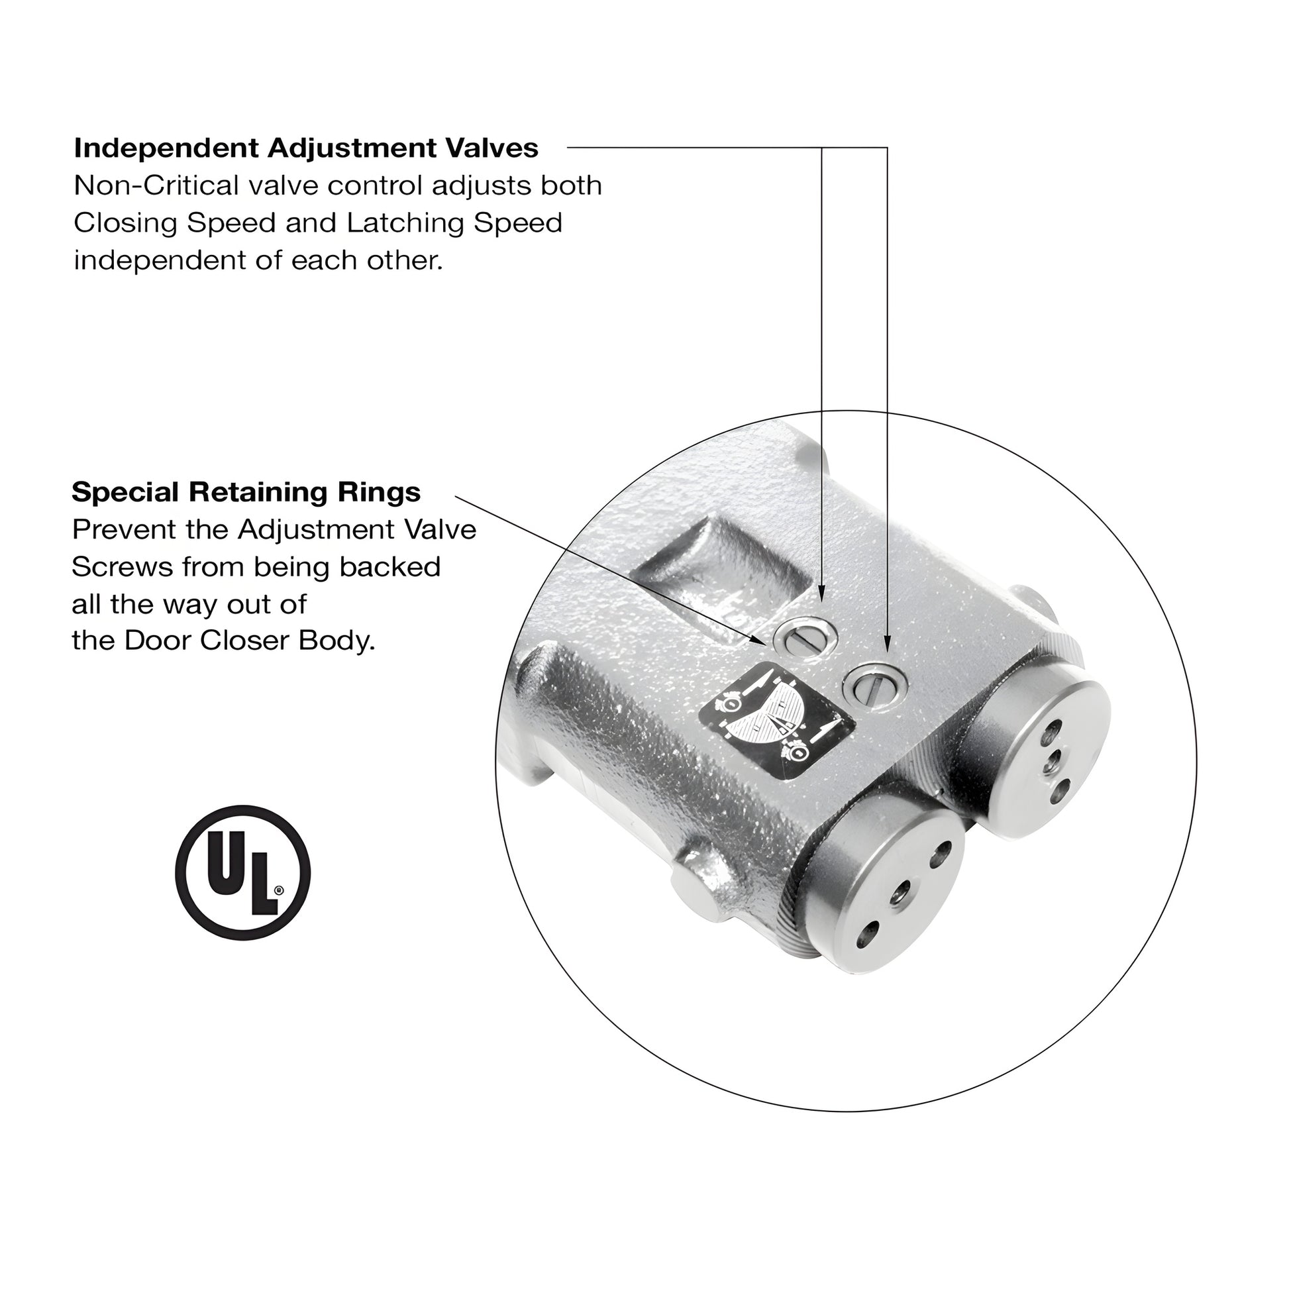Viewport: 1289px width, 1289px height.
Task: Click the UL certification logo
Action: [x=242, y=872]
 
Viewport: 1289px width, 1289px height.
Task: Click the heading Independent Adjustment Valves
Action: [x=305, y=148]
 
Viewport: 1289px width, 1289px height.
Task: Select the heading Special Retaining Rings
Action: [x=246, y=492]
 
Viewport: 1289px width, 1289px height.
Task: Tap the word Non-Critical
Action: [x=156, y=185]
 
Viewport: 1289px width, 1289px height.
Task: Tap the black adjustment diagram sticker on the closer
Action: [x=776, y=721]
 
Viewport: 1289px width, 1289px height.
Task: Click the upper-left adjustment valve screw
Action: [x=805, y=639]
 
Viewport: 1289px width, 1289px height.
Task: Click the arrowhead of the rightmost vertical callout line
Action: [x=887, y=646]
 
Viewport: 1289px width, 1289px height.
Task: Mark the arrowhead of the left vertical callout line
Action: [x=821, y=595]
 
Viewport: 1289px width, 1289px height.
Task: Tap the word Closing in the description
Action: [x=125, y=223]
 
